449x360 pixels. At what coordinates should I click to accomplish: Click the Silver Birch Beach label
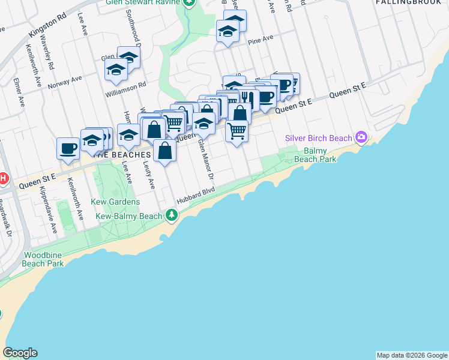[x=318, y=139]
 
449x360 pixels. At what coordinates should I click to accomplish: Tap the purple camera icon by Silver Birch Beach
[x=361, y=138]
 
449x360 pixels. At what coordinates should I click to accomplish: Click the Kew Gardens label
[x=115, y=202]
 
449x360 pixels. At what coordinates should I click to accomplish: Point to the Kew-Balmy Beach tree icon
[x=172, y=215]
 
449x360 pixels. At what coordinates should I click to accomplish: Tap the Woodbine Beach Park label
[x=43, y=259]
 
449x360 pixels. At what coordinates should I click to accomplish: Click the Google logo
[x=20, y=353]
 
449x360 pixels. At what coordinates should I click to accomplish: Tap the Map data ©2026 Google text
[x=412, y=355]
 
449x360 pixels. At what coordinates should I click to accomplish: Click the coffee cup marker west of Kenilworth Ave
[x=68, y=147]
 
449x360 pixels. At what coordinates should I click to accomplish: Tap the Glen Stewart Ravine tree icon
[x=190, y=2]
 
